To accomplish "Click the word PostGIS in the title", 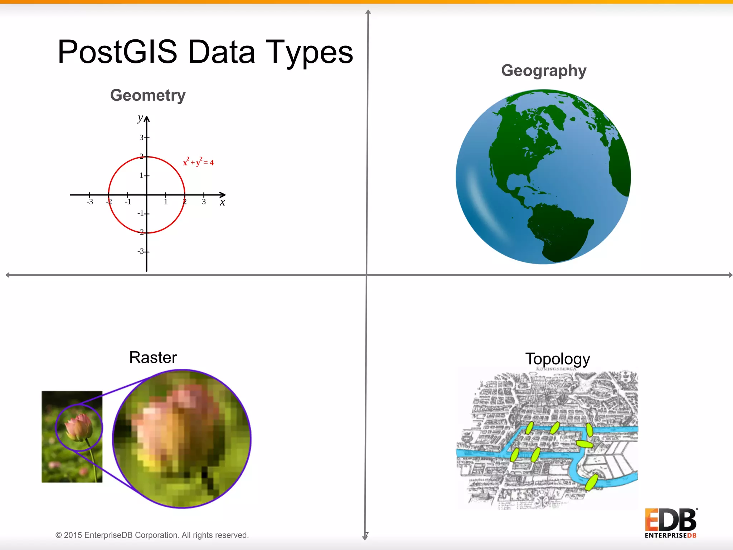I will pyautogui.click(x=117, y=52).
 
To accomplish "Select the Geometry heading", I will pyautogui.click(x=148, y=95).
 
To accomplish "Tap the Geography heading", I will pyautogui.click(x=544, y=71).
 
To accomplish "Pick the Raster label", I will pyautogui.click(x=153, y=357).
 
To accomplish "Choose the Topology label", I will pyautogui.click(x=557, y=359).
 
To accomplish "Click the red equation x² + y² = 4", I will pyautogui.click(x=198, y=162).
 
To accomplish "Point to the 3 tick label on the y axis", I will pyautogui.click(x=141, y=137).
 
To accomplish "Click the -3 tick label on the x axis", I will pyautogui.click(x=89, y=202).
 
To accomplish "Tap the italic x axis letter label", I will pyautogui.click(x=222, y=203).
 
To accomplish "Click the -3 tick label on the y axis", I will pyautogui.click(x=141, y=251).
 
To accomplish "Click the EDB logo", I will pyautogui.click(x=670, y=520).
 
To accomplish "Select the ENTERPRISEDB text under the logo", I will pyautogui.click(x=670, y=536).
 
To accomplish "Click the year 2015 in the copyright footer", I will pyautogui.click(x=73, y=535).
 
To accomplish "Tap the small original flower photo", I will pyautogui.click(x=72, y=437).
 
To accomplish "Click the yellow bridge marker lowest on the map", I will pyautogui.click(x=591, y=482).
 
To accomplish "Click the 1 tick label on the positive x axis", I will pyautogui.click(x=166, y=202).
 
